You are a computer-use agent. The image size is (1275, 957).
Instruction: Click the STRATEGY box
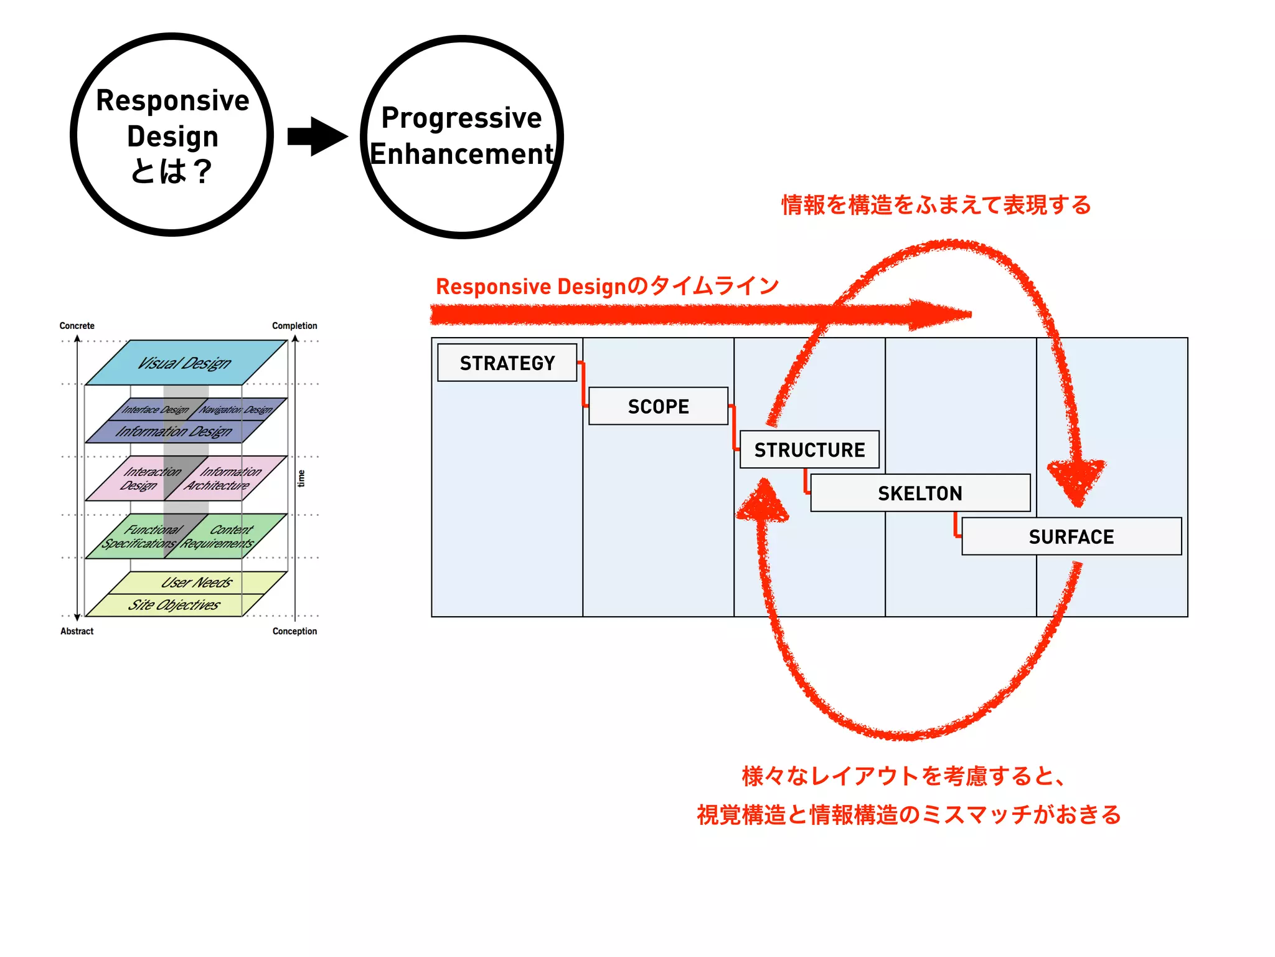tap(507, 363)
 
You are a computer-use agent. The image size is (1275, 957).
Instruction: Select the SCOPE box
tap(658, 406)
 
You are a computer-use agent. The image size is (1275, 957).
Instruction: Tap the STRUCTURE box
tap(809, 449)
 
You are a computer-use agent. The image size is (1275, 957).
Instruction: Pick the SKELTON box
tap(920, 493)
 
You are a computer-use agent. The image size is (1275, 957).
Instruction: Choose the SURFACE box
tap(1071, 536)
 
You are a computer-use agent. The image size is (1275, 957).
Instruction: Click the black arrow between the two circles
tap(318, 136)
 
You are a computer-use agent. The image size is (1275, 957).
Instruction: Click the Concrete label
tap(77, 326)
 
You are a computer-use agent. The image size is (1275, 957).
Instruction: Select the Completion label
tap(294, 326)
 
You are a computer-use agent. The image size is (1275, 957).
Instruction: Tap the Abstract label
tap(77, 631)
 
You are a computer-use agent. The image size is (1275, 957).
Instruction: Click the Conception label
tap(294, 631)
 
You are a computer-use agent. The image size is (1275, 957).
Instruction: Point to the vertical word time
tap(301, 478)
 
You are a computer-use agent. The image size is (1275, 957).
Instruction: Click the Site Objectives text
tap(174, 605)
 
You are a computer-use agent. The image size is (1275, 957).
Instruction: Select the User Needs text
tap(197, 583)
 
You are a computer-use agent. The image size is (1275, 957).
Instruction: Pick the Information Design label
tap(174, 431)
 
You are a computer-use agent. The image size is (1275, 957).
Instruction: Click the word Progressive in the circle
tap(461, 118)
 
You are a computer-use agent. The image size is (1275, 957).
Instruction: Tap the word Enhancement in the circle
tap(461, 154)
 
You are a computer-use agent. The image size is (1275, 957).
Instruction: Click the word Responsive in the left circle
tap(172, 100)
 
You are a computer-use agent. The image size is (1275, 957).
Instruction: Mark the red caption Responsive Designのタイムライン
tap(607, 286)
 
